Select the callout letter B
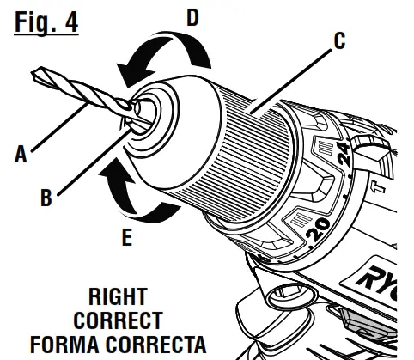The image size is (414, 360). pyautogui.click(x=46, y=197)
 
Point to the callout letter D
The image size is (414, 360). pyautogui.click(x=193, y=15)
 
